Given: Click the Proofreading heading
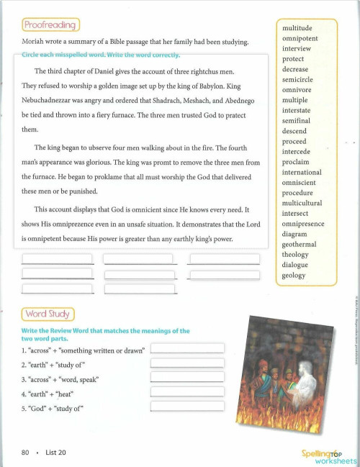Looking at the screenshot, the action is coord(50,25).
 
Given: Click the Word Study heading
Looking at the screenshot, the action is coord(46,314).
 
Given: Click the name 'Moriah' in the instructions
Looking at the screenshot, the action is coord(35,42).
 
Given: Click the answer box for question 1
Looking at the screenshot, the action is coord(187,348).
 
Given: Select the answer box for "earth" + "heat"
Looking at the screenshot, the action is coord(187,392).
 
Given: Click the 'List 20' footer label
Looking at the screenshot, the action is coord(55,453).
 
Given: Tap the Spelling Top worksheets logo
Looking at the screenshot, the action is coord(328,455).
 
